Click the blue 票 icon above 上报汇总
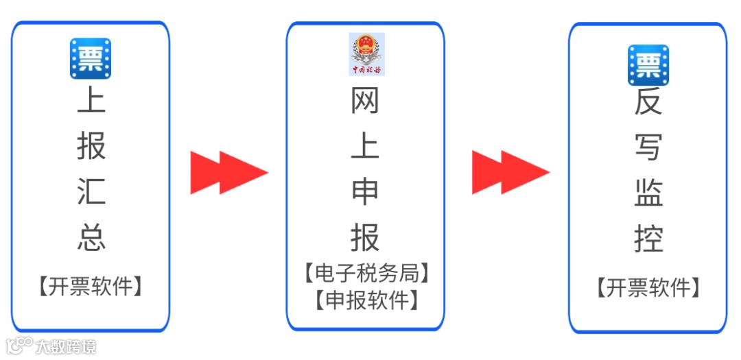coord(91,58)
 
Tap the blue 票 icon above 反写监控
coord(648,65)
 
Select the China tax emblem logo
coord(366,54)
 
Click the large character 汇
coord(91,190)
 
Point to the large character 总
coord(91,237)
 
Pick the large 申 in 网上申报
coord(365,191)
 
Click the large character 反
coord(648,103)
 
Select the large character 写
coord(648,146)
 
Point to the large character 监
coord(648,193)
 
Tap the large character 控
coord(648,238)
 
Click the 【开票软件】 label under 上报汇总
coord(91,286)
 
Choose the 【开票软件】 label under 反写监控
coord(648,287)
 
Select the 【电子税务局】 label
coord(366,274)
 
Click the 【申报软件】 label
coord(366,300)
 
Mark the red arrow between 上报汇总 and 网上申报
coord(228,172)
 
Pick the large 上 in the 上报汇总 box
coord(91,100)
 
